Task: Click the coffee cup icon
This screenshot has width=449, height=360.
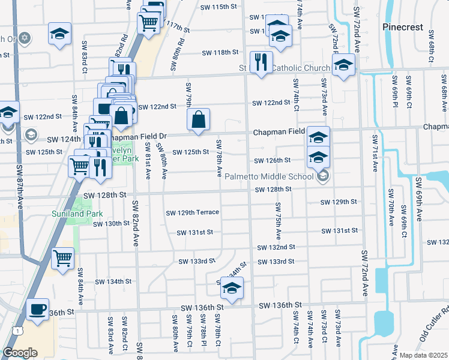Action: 38,309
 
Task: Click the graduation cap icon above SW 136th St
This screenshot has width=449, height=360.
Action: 230,289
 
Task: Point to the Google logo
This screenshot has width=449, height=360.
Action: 20,353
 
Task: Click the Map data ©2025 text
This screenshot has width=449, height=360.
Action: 423,355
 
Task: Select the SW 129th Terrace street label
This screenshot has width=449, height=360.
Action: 192,212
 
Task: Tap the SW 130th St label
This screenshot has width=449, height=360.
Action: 111,224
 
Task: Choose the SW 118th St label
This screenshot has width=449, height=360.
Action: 220,52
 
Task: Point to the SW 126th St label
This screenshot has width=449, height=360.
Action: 272,160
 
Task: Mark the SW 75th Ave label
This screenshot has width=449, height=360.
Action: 279,218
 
